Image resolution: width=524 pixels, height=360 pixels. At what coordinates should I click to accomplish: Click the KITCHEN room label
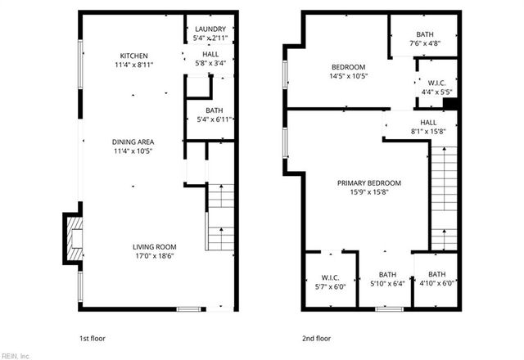(x=133, y=56)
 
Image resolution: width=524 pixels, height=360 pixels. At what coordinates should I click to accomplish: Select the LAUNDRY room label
(x=210, y=29)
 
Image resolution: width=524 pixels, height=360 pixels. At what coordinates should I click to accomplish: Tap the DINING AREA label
(x=133, y=142)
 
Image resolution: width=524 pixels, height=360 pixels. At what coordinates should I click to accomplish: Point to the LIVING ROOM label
(x=155, y=246)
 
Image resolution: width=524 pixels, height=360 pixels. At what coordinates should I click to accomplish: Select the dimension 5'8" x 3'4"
(x=210, y=65)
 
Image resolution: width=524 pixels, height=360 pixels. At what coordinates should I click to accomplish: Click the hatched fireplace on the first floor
(x=73, y=238)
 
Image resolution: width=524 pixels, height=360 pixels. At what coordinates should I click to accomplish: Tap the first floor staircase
(x=217, y=217)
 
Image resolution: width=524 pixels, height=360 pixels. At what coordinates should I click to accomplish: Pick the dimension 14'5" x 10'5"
(x=348, y=77)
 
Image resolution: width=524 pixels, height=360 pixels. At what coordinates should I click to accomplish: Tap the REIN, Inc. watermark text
(x=16, y=355)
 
